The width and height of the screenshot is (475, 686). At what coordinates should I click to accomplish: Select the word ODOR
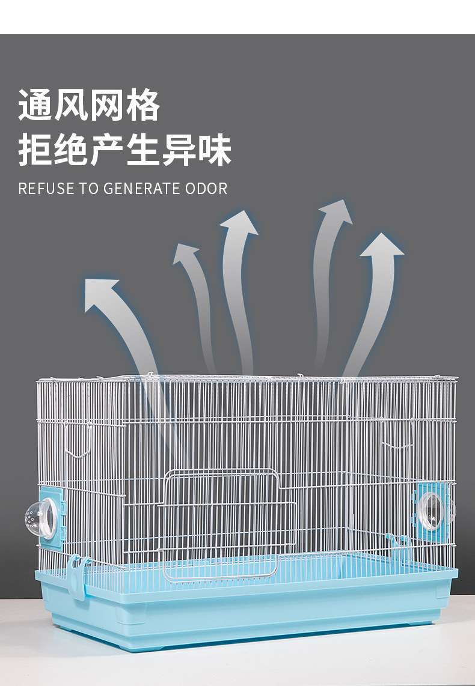coord(206,189)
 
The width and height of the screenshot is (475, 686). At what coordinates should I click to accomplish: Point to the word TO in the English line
coord(89,189)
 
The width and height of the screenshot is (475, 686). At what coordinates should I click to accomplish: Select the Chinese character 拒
coord(35,150)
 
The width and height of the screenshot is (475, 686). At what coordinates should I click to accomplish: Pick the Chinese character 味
coord(215,150)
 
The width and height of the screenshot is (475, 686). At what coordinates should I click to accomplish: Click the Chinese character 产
coord(108,150)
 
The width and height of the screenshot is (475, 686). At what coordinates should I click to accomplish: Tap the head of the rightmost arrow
coord(381,246)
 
